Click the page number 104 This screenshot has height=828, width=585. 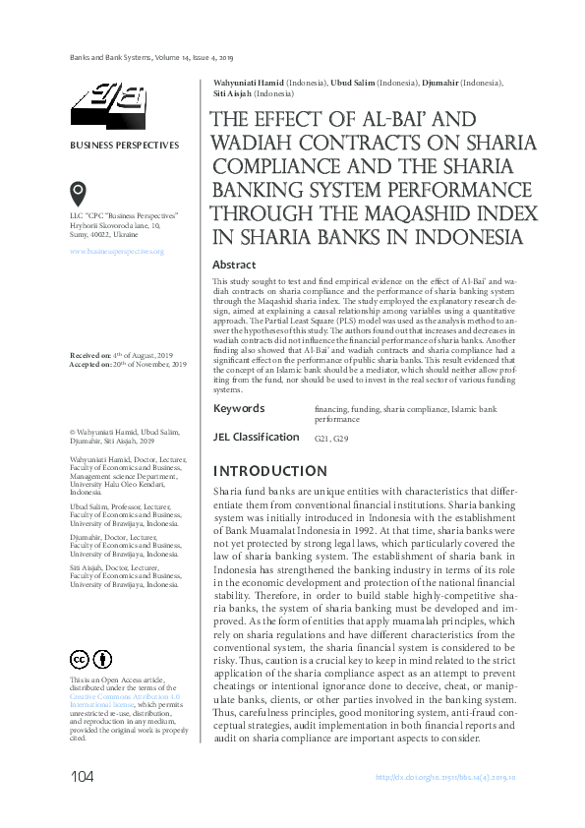[x=82, y=778]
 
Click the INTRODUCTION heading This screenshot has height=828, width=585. [x=270, y=470]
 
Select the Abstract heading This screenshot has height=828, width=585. [x=234, y=265]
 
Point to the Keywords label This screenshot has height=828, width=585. [x=238, y=408]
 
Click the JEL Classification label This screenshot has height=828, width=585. [x=256, y=437]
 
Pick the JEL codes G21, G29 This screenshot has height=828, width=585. [x=330, y=439]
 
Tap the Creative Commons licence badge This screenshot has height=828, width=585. [x=88, y=659]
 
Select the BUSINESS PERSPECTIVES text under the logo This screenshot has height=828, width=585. [x=124, y=146]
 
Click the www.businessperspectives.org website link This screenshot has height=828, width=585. [x=116, y=252]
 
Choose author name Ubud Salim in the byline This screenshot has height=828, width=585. [x=352, y=82]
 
